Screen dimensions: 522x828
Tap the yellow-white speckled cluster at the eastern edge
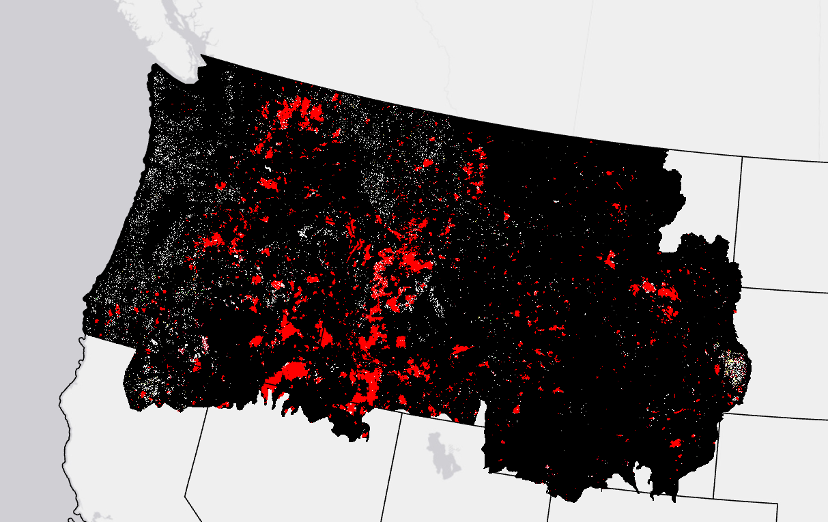coord(735,369)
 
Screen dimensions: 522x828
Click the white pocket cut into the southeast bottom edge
coord(621,481)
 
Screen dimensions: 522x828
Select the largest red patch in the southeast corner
coord(676,444)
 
